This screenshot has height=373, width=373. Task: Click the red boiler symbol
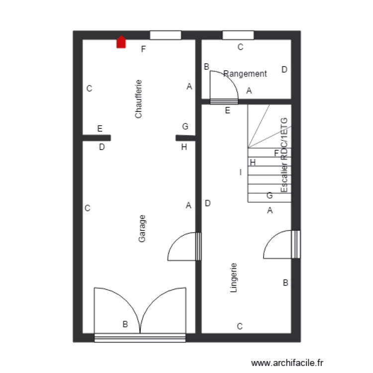point(121,42)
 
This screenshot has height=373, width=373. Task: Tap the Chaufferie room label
point(139,99)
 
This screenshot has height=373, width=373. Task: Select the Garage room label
point(143,229)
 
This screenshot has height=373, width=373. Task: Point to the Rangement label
point(245,74)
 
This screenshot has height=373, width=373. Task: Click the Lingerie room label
point(234,278)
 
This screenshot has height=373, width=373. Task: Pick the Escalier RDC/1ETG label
point(284,155)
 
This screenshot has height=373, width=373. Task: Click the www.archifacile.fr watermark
point(288,364)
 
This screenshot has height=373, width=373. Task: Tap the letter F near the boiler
point(144,49)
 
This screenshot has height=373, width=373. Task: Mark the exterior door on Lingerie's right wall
point(281,245)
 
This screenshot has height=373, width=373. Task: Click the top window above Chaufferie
point(166,35)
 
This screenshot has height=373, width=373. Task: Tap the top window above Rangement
point(238,35)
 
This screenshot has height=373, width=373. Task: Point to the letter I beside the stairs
point(240,172)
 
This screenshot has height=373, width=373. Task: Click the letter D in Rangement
point(284,70)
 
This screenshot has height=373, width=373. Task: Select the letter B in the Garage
point(125,324)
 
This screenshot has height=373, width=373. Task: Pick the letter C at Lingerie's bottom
point(239,327)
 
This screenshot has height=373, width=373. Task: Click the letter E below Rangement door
point(228,111)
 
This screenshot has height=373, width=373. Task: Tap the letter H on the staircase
point(253,162)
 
